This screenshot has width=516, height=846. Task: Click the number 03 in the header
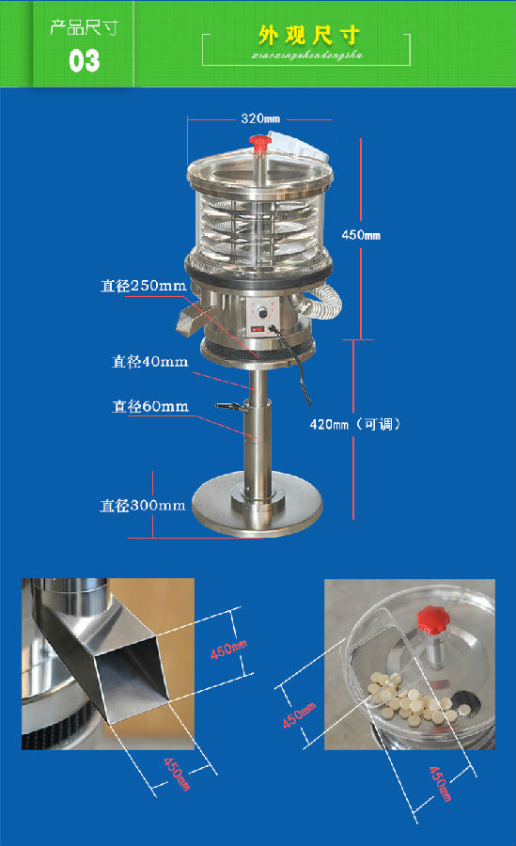pos(84,61)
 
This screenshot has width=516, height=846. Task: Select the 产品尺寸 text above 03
pos(84,27)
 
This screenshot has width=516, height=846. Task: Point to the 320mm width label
pos(260,119)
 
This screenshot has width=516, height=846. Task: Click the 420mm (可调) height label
pos(355,424)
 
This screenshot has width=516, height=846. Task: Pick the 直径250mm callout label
pos(143,285)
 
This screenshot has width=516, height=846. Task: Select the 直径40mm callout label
pos(149,361)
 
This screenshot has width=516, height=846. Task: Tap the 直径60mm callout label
pos(149,407)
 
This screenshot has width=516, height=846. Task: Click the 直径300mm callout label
pos(143,505)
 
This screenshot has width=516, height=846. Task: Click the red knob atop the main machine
pos(259,143)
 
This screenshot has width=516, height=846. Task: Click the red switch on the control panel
pos(258,330)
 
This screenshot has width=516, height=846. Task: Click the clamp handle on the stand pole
pos(228,406)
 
